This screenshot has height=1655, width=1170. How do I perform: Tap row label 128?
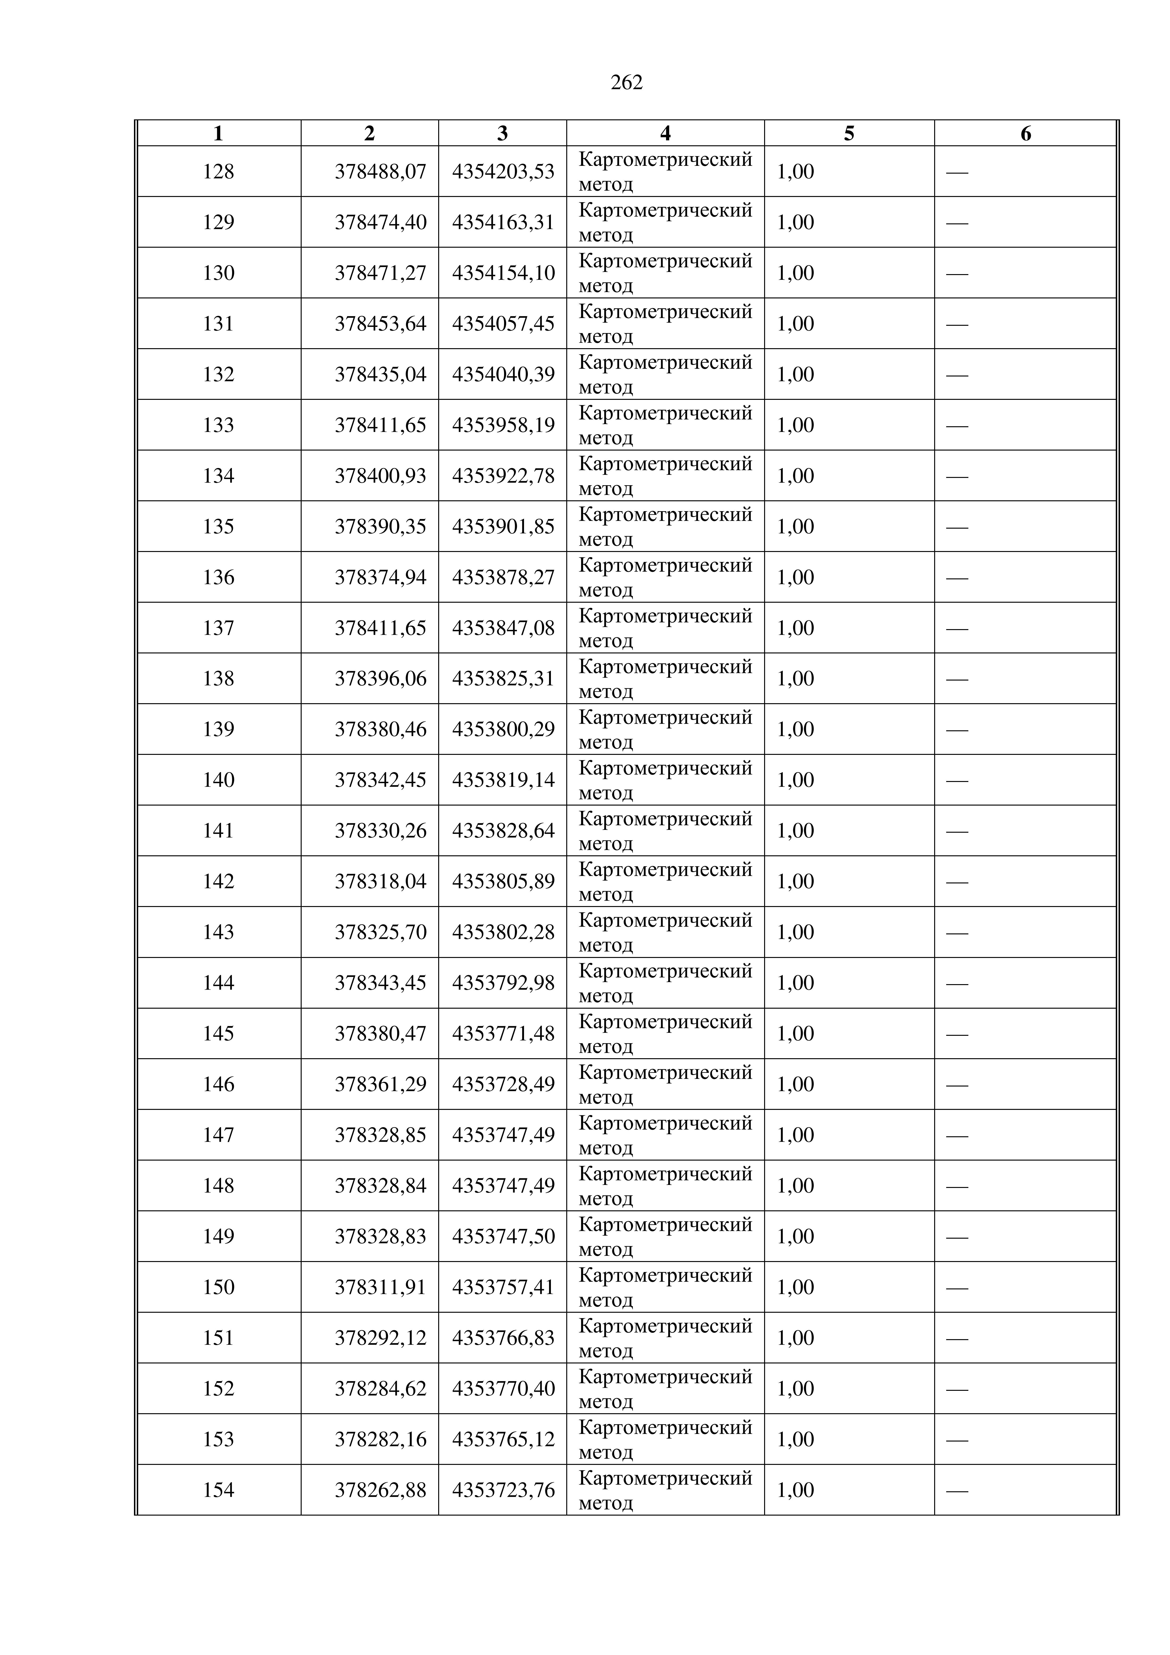click(x=218, y=171)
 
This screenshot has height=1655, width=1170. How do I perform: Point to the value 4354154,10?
click(x=503, y=273)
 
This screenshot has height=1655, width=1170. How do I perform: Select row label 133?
click(x=218, y=425)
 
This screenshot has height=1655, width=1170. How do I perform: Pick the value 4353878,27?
click(x=503, y=577)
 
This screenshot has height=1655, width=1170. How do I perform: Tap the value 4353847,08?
click(x=503, y=628)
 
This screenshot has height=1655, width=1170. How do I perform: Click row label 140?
click(x=218, y=780)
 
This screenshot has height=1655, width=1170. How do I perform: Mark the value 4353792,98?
click(x=503, y=983)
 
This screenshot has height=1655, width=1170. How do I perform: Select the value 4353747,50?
click(x=503, y=1236)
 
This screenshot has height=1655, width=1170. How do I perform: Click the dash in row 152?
click(x=957, y=1389)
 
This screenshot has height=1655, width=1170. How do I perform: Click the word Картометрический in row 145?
click(x=665, y=1022)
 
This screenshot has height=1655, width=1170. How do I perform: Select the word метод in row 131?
click(x=606, y=337)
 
